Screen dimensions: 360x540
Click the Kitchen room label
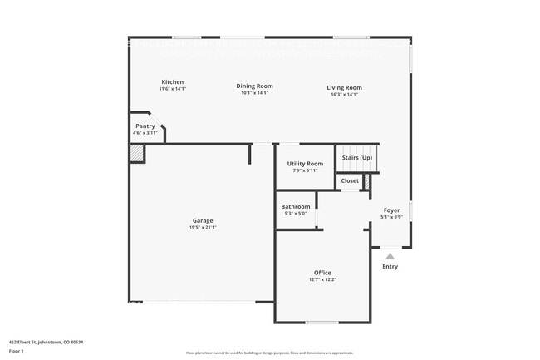(x=173, y=81)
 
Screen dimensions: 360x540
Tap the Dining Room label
(x=254, y=86)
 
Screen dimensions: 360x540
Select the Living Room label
(x=344, y=87)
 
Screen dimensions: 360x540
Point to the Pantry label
(x=145, y=126)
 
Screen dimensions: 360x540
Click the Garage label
(x=204, y=220)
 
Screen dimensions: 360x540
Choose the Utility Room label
(x=305, y=164)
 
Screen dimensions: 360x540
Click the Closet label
(x=350, y=180)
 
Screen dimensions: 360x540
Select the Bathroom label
(x=296, y=206)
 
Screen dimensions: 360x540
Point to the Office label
(x=322, y=273)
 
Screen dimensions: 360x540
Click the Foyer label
(x=391, y=210)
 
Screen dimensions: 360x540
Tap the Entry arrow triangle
(x=390, y=256)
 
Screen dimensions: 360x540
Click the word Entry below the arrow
(x=390, y=267)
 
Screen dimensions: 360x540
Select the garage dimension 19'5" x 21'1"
(x=204, y=228)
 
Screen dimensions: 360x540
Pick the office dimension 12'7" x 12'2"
(x=322, y=280)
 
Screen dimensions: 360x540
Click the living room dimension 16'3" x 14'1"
(x=344, y=95)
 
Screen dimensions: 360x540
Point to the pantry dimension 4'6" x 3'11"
(x=145, y=133)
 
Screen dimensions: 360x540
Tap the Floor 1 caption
(x=17, y=351)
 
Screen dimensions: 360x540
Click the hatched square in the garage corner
(x=137, y=153)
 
